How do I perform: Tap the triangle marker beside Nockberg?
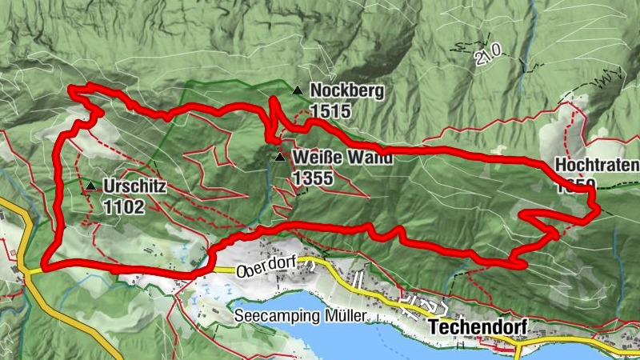pos(298,91)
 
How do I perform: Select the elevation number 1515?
pos(330,111)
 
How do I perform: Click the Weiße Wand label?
pos(342,158)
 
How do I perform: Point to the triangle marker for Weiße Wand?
pos(279,157)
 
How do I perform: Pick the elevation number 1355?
pos(313,178)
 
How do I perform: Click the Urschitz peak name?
pos(134,188)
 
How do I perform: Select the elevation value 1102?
pos(123,208)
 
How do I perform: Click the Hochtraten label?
pos(597,166)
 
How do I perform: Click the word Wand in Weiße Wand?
pos(371,158)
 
